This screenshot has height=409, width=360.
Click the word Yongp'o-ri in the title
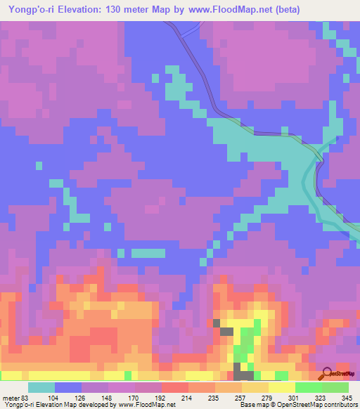(30, 11)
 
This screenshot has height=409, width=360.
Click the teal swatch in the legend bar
(41, 387)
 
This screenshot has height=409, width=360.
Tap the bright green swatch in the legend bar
(308, 387)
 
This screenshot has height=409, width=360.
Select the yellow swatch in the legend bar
(281, 387)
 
